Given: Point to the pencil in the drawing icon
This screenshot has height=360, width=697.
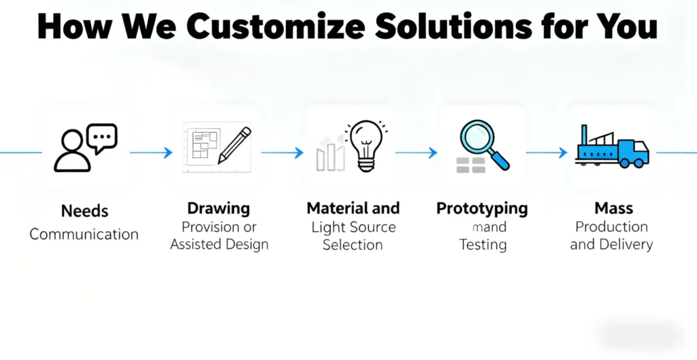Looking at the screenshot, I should coord(234,144).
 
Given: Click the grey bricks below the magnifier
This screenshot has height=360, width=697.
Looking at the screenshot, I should coord(470,164).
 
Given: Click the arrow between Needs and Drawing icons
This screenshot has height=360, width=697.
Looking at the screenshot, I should coord(151,153).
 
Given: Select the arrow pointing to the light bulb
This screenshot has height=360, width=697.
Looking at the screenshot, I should coord(282,153).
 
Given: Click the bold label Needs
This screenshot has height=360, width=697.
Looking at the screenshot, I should coord(84,211).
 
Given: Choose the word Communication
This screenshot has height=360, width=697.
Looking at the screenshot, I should coord(84,234).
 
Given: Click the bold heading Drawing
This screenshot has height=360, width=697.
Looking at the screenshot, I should coord(218,208).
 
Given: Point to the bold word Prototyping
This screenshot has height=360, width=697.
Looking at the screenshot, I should coord(482,208).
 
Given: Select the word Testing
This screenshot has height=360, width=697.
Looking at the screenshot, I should coord(483,245).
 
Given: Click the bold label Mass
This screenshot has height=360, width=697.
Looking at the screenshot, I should coord(613,208).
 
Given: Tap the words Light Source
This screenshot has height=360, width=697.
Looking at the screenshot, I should coord(353,227).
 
